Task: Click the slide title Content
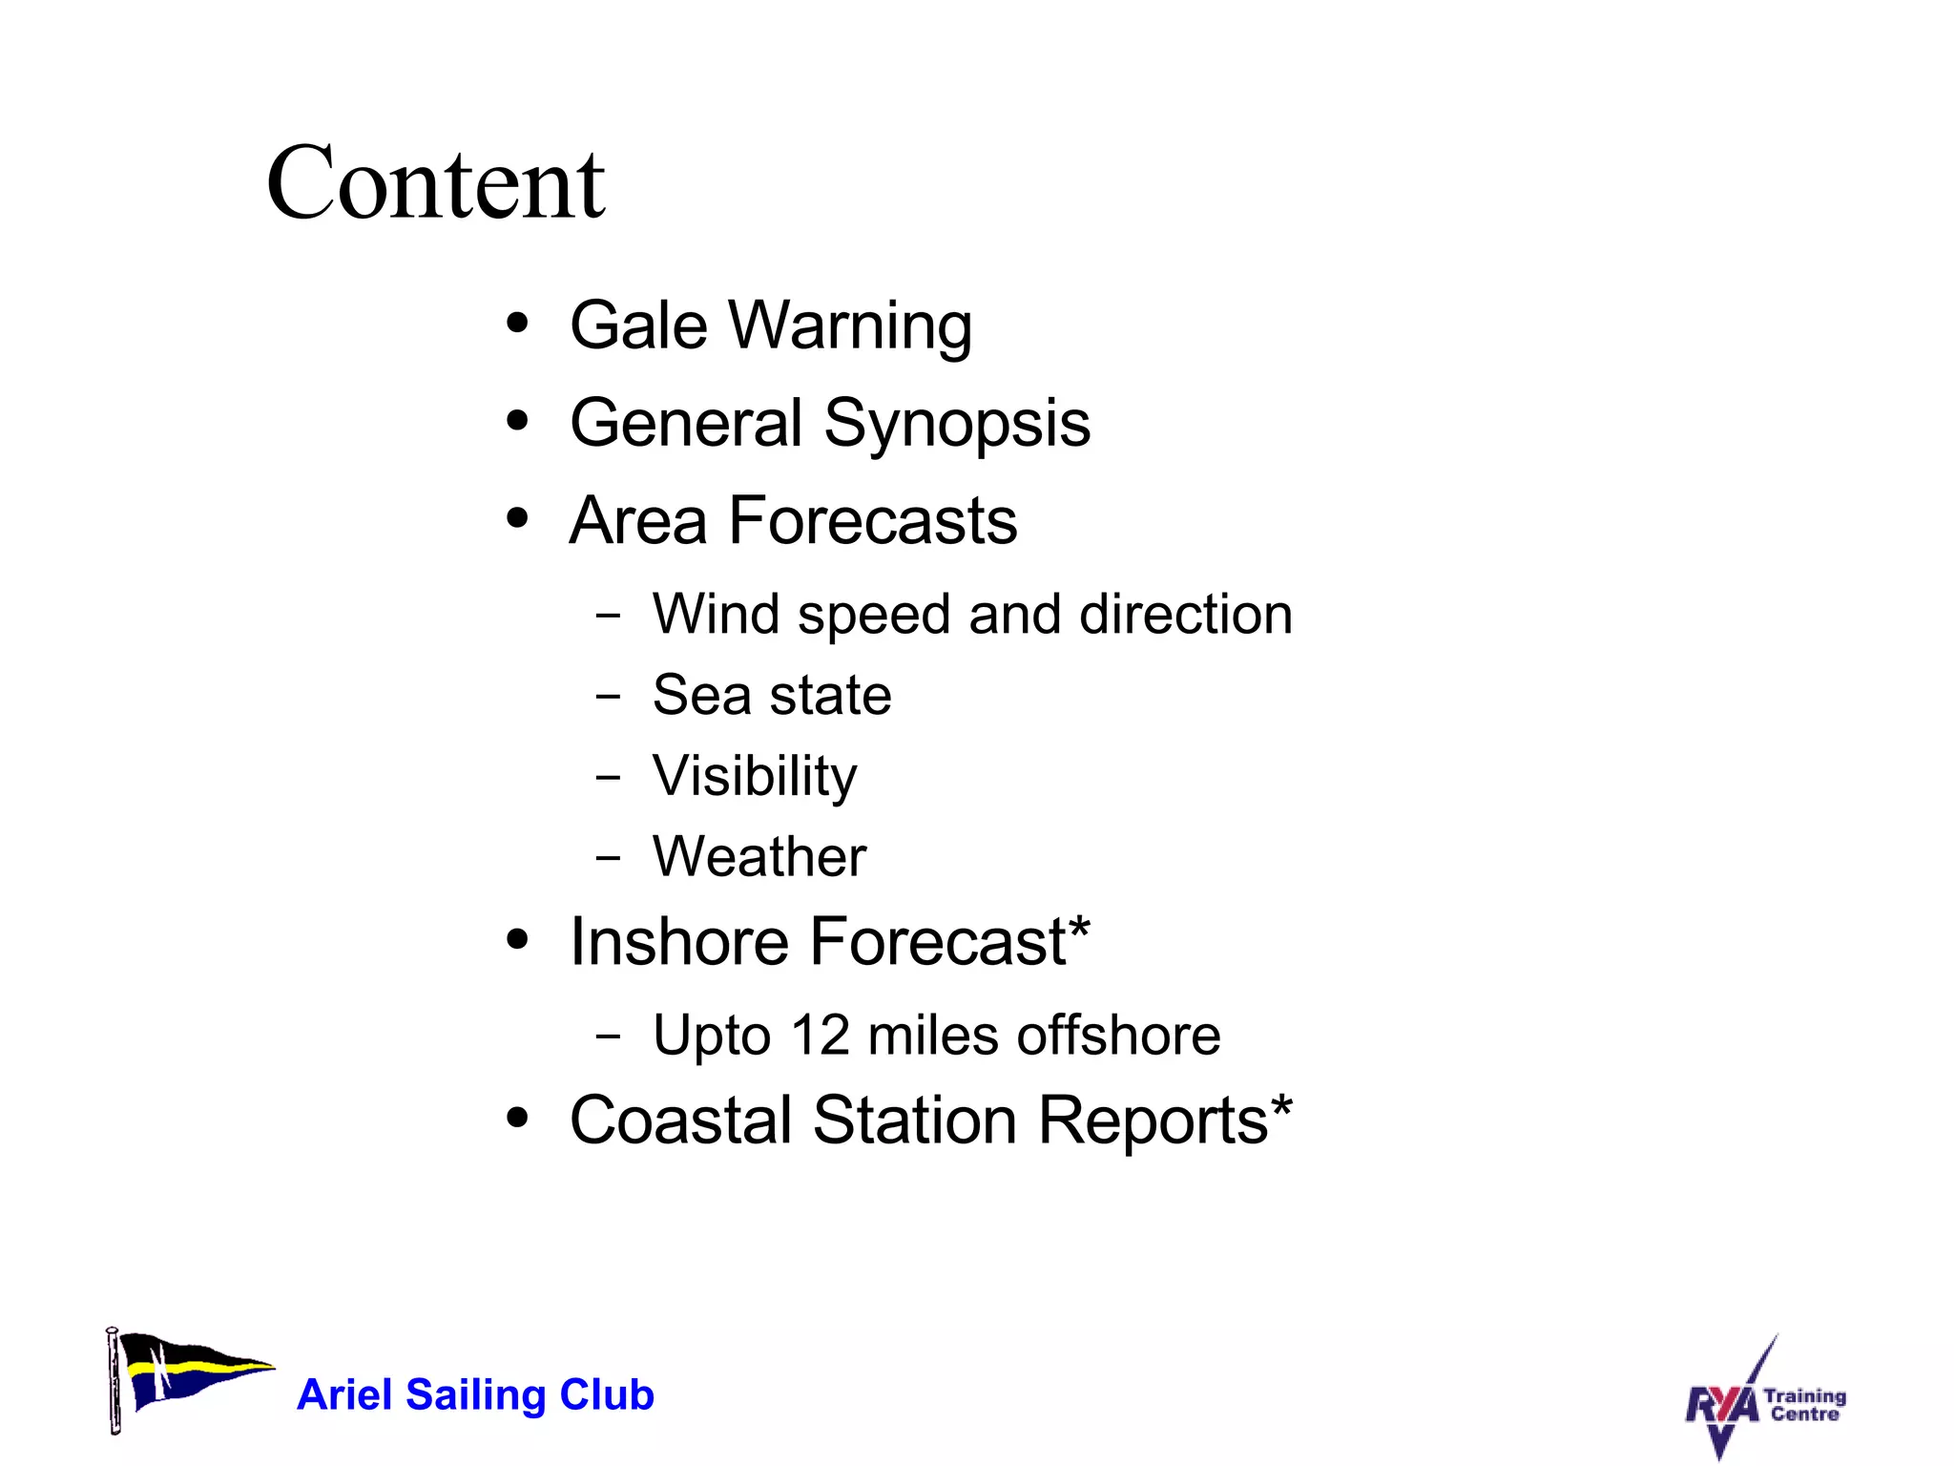(x=435, y=183)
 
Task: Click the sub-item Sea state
(x=771, y=695)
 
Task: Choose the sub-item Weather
(x=759, y=856)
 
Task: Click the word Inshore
(x=678, y=942)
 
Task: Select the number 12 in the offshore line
(x=820, y=1035)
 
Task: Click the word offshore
(x=1118, y=1035)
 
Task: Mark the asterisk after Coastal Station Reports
(x=1281, y=1105)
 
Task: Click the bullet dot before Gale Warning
(x=517, y=324)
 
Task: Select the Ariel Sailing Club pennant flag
(x=187, y=1375)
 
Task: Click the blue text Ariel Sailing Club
(x=475, y=1394)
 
